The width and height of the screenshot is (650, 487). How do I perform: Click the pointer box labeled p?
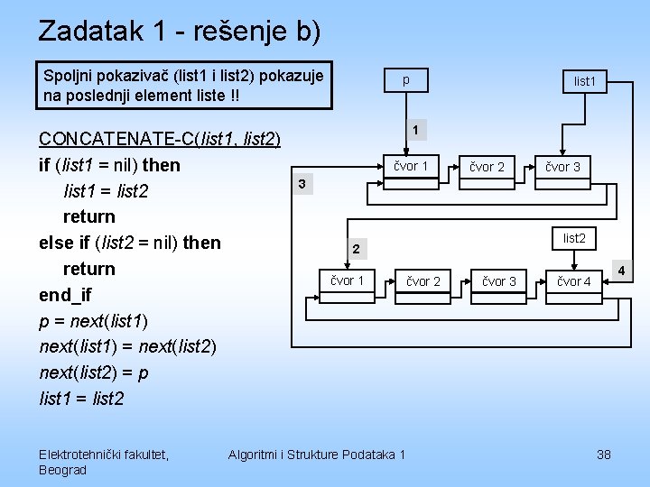coord(405,80)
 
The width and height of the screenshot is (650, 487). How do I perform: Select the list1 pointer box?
coord(585,80)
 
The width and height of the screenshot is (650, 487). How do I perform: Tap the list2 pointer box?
coord(574,238)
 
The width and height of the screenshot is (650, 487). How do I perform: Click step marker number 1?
coord(413,131)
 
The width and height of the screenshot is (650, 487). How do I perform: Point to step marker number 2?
coord(357,249)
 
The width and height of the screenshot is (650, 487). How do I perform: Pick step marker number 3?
coord(302,185)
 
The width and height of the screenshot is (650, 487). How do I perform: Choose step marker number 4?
coord(620,270)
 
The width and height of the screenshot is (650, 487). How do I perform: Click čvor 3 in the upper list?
coord(562,167)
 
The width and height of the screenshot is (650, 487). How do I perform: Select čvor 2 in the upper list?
coord(487,167)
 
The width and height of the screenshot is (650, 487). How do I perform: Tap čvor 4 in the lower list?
coord(574,281)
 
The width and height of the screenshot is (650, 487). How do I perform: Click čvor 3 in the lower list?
coord(499,281)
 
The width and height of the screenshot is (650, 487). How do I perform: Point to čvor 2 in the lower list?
coord(423,281)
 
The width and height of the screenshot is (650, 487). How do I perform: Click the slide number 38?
coord(604,455)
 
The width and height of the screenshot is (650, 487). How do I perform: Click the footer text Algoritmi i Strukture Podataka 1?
coord(317,455)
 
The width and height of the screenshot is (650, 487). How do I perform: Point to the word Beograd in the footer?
coord(63,470)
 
